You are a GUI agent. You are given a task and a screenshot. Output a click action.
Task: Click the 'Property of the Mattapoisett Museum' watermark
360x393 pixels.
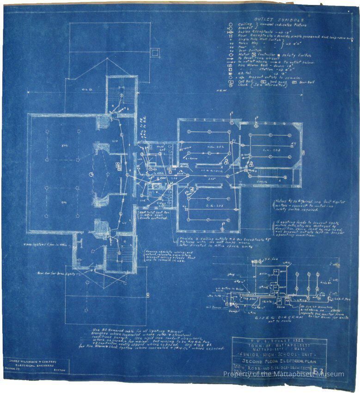[x=283, y=374]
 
